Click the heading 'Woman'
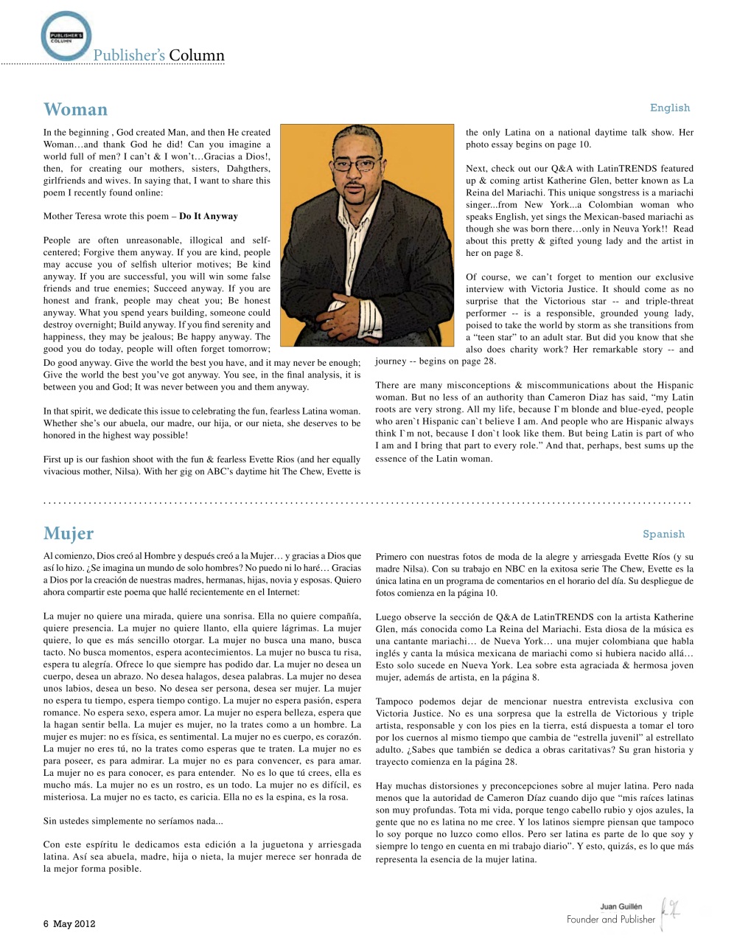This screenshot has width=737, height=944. click(x=75, y=110)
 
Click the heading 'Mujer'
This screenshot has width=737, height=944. click(x=69, y=533)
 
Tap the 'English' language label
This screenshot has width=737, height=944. click(x=669, y=108)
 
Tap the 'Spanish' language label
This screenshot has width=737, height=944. click(x=663, y=534)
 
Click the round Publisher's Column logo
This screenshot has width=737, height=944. click(x=66, y=35)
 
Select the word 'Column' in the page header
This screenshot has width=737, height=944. click(x=196, y=55)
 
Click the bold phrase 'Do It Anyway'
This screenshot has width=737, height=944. click(x=209, y=217)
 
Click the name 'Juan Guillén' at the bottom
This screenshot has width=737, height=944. click(x=621, y=906)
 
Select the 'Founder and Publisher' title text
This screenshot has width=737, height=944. click(x=610, y=920)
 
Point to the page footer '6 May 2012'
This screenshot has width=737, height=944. click(x=69, y=923)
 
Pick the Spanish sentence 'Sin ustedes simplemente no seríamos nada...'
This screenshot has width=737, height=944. click(x=133, y=821)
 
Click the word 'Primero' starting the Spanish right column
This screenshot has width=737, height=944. click(x=392, y=558)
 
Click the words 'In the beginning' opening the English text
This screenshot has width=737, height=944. click(x=76, y=133)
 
